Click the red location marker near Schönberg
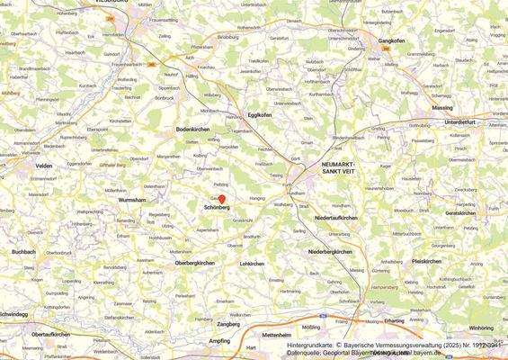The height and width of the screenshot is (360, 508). tap(221, 199)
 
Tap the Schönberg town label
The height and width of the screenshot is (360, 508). tap(218, 208)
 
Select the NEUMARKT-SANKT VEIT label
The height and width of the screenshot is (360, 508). tap(339, 167)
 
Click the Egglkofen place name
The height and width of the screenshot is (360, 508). tap(260, 114)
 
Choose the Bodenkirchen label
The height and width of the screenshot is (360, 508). tap(193, 130)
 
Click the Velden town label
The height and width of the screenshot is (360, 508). tap(43, 166)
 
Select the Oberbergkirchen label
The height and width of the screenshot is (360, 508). tap(194, 262)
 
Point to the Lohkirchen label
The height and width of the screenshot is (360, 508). tap(251, 264)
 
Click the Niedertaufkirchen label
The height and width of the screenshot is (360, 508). tap(335, 218)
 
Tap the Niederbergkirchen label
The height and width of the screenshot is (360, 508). tap(333, 251)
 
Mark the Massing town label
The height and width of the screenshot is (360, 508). tap(442, 107)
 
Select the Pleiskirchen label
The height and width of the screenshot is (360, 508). tap(426, 261)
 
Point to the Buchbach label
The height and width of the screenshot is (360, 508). tap(22, 253)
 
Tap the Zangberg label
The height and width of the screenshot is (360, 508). tap(228, 324)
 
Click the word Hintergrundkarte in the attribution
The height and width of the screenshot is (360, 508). tap(312, 345)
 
